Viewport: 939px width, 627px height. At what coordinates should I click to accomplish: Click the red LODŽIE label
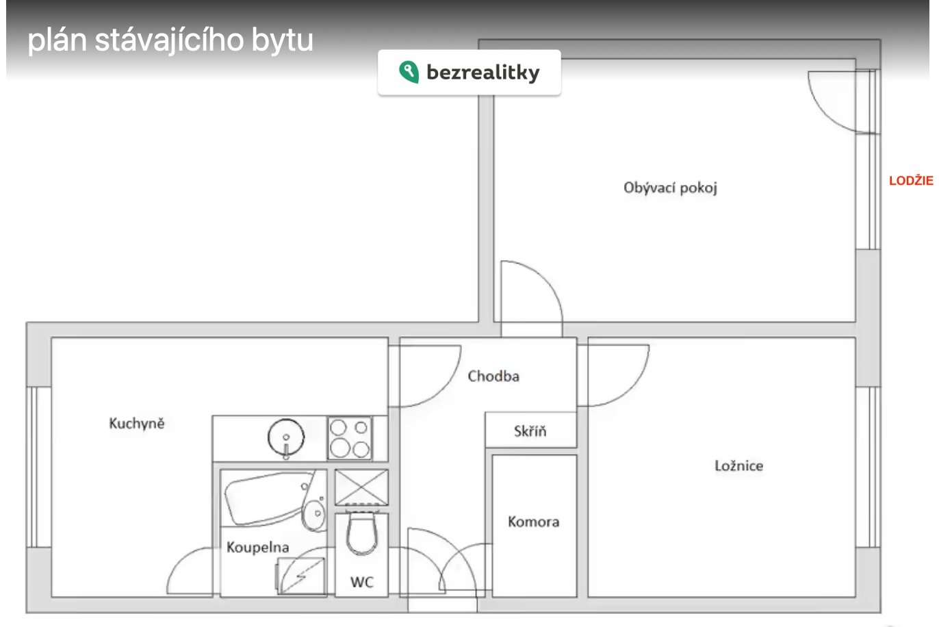[x=911, y=181]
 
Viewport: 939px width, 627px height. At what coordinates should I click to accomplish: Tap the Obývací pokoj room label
[x=670, y=188]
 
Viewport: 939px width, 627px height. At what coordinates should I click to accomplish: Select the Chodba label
[x=493, y=376]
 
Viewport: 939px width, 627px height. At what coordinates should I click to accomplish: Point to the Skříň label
[x=530, y=431]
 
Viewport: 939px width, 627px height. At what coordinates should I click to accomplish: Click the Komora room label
[x=533, y=522]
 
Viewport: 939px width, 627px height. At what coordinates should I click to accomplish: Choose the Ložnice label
[x=738, y=465]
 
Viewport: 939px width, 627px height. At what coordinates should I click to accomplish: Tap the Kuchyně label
[x=137, y=423]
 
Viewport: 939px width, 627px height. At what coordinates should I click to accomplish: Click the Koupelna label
[x=258, y=547]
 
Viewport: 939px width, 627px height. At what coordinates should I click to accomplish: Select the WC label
[x=362, y=582]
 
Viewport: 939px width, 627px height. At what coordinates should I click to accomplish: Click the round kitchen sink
[x=286, y=437]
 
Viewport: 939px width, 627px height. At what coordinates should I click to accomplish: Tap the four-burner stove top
[x=350, y=438]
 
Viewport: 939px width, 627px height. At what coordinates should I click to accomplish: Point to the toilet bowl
[x=362, y=535]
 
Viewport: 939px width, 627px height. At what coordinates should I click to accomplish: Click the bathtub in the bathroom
[x=268, y=498]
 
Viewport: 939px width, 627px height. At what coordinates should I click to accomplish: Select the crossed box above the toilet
[x=361, y=487]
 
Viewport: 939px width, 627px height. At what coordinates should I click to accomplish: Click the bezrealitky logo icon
[x=409, y=72]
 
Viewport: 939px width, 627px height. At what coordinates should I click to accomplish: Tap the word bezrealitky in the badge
[x=483, y=73]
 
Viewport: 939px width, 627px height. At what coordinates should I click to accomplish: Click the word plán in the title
[x=57, y=40]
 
